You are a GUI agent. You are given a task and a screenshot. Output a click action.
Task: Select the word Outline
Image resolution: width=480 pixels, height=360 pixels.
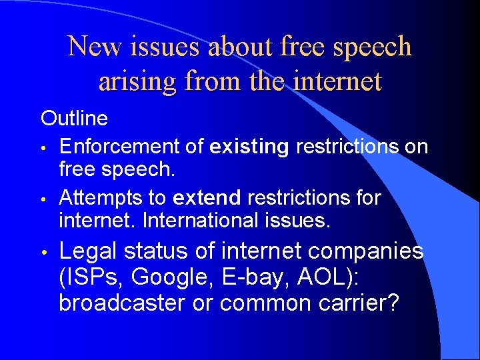click(74, 119)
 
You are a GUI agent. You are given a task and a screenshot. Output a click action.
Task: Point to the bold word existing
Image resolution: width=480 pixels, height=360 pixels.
click(248, 146)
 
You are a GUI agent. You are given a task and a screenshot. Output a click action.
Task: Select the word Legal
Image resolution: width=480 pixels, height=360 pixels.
click(87, 251)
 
